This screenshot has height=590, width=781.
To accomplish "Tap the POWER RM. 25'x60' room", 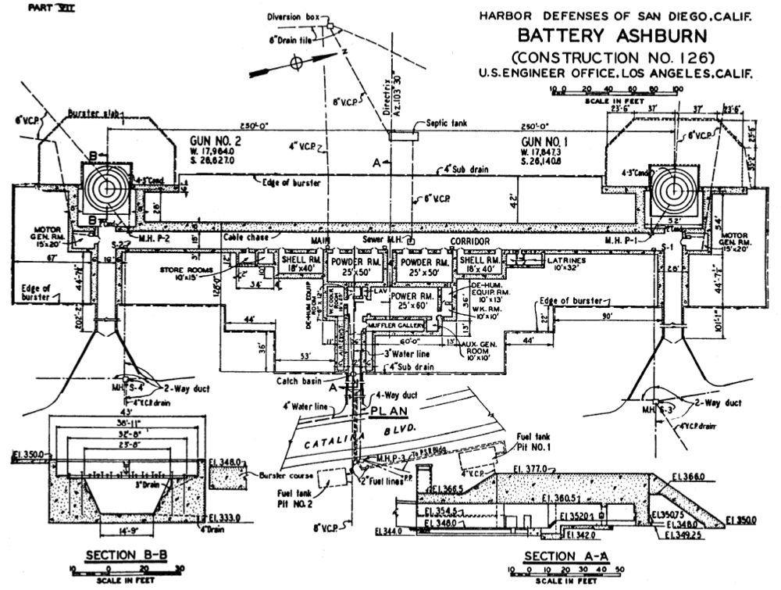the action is coord(415,301).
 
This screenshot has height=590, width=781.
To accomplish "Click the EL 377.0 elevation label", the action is coord(545,469).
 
